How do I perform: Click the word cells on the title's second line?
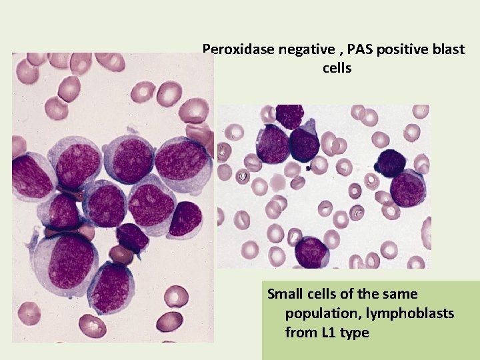point(337,68)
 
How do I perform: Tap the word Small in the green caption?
point(285,294)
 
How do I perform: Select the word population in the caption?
point(317,313)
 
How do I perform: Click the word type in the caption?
point(355,332)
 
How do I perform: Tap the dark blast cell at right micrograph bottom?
point(311,252)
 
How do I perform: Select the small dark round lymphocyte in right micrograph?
point(392,162)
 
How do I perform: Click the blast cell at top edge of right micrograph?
point(290,116)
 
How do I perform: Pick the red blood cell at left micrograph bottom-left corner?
point(28,312)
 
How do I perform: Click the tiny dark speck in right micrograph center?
point(307,169)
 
